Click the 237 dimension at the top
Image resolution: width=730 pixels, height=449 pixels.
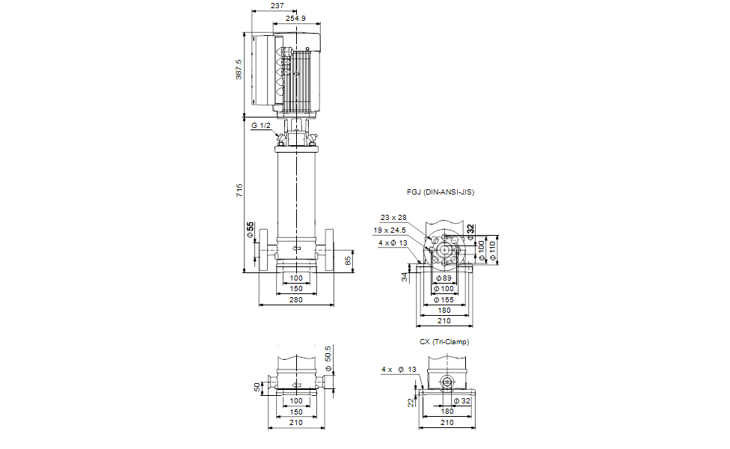277,5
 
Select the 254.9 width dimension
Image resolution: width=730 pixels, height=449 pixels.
295,19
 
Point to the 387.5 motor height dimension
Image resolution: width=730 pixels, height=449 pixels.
239,69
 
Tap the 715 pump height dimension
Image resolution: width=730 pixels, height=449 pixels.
239,190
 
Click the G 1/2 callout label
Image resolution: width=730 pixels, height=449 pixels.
261,126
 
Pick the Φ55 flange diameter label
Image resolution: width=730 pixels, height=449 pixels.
251,230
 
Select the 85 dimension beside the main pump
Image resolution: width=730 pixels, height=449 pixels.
348,261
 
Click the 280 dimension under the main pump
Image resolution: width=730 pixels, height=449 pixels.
296,300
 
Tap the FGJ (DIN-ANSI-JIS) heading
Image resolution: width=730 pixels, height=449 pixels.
441,192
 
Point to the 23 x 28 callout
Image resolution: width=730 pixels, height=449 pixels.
393,218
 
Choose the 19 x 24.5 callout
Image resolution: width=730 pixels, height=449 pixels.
390,230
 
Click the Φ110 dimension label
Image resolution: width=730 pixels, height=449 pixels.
493,251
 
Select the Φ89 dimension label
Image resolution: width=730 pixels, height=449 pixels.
444,278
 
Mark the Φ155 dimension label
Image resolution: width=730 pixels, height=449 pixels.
444,300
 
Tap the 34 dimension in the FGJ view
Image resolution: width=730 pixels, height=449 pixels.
405,277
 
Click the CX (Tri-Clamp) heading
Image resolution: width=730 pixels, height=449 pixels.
444,342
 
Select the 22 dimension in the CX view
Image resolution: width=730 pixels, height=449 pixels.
411,403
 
